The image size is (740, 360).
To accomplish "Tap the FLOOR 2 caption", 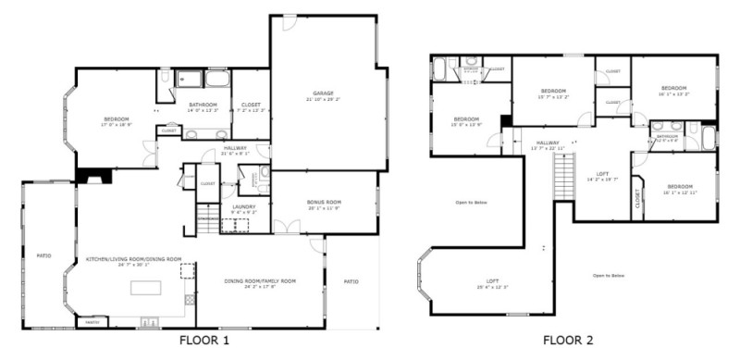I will coord(568,341).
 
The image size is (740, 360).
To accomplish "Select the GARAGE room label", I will coord(322,95).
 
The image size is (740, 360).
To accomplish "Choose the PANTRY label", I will coord(92,322).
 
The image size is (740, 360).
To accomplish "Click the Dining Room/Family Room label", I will coord(259,282).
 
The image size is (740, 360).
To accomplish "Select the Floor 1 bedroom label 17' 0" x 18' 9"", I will coord(117,120).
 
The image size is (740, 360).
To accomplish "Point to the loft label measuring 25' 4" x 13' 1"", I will coord(494,284).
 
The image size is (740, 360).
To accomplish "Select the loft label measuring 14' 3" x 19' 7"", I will coord(602,177).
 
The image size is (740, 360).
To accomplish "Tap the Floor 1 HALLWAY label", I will coord(235,152).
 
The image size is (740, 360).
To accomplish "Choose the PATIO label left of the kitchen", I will coord(43,255).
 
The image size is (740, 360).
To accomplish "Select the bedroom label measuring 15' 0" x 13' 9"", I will coord(466,120).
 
